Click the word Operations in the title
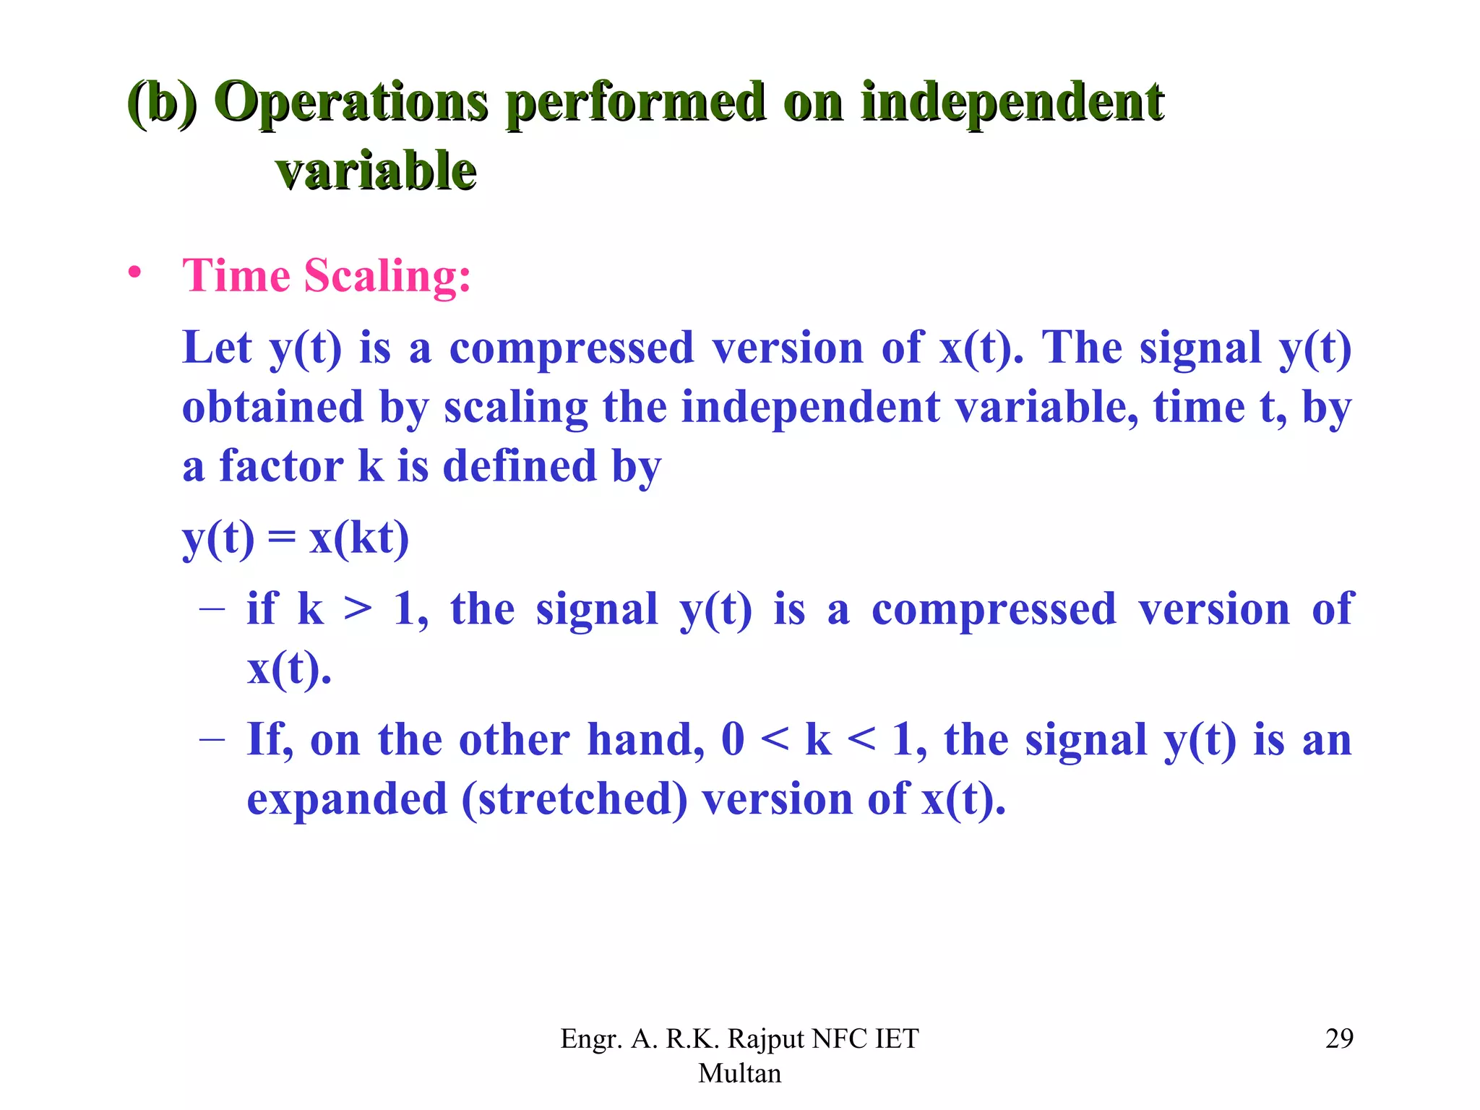click(351, 103)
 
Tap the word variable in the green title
click(376, 172)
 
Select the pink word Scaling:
click(387, 277)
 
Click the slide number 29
click(1338, 1038)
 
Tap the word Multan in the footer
click(739, 1073)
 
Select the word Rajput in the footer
click(766, 1038)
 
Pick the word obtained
click(272, 407)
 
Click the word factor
click(281, 466)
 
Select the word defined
click(520, 466)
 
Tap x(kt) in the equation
click(359, 538)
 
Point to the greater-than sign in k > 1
click(358, 609)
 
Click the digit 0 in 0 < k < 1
click(733, 740)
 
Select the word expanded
click(347, 799)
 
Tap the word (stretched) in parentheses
click(575, 799)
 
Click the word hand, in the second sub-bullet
click(646, 740)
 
